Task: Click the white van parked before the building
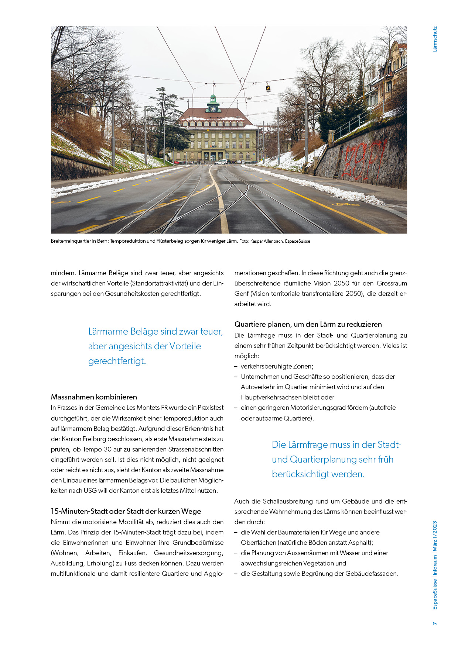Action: click(x=221, y=162)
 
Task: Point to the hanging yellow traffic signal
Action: click(x=268, y=89)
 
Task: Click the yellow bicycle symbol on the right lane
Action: click(x=346, y=204)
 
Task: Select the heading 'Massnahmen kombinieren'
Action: click(x=94, y=397)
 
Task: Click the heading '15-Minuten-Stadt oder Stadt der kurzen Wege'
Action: click(x=126, y=511)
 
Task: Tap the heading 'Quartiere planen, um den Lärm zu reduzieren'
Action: click(x=308, y=324)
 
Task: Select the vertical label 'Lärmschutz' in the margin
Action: click(x=435, y=39)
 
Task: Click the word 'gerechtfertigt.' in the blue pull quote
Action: click(x=117, y=361)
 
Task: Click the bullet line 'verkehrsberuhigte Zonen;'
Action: click(x=277, y=366)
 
